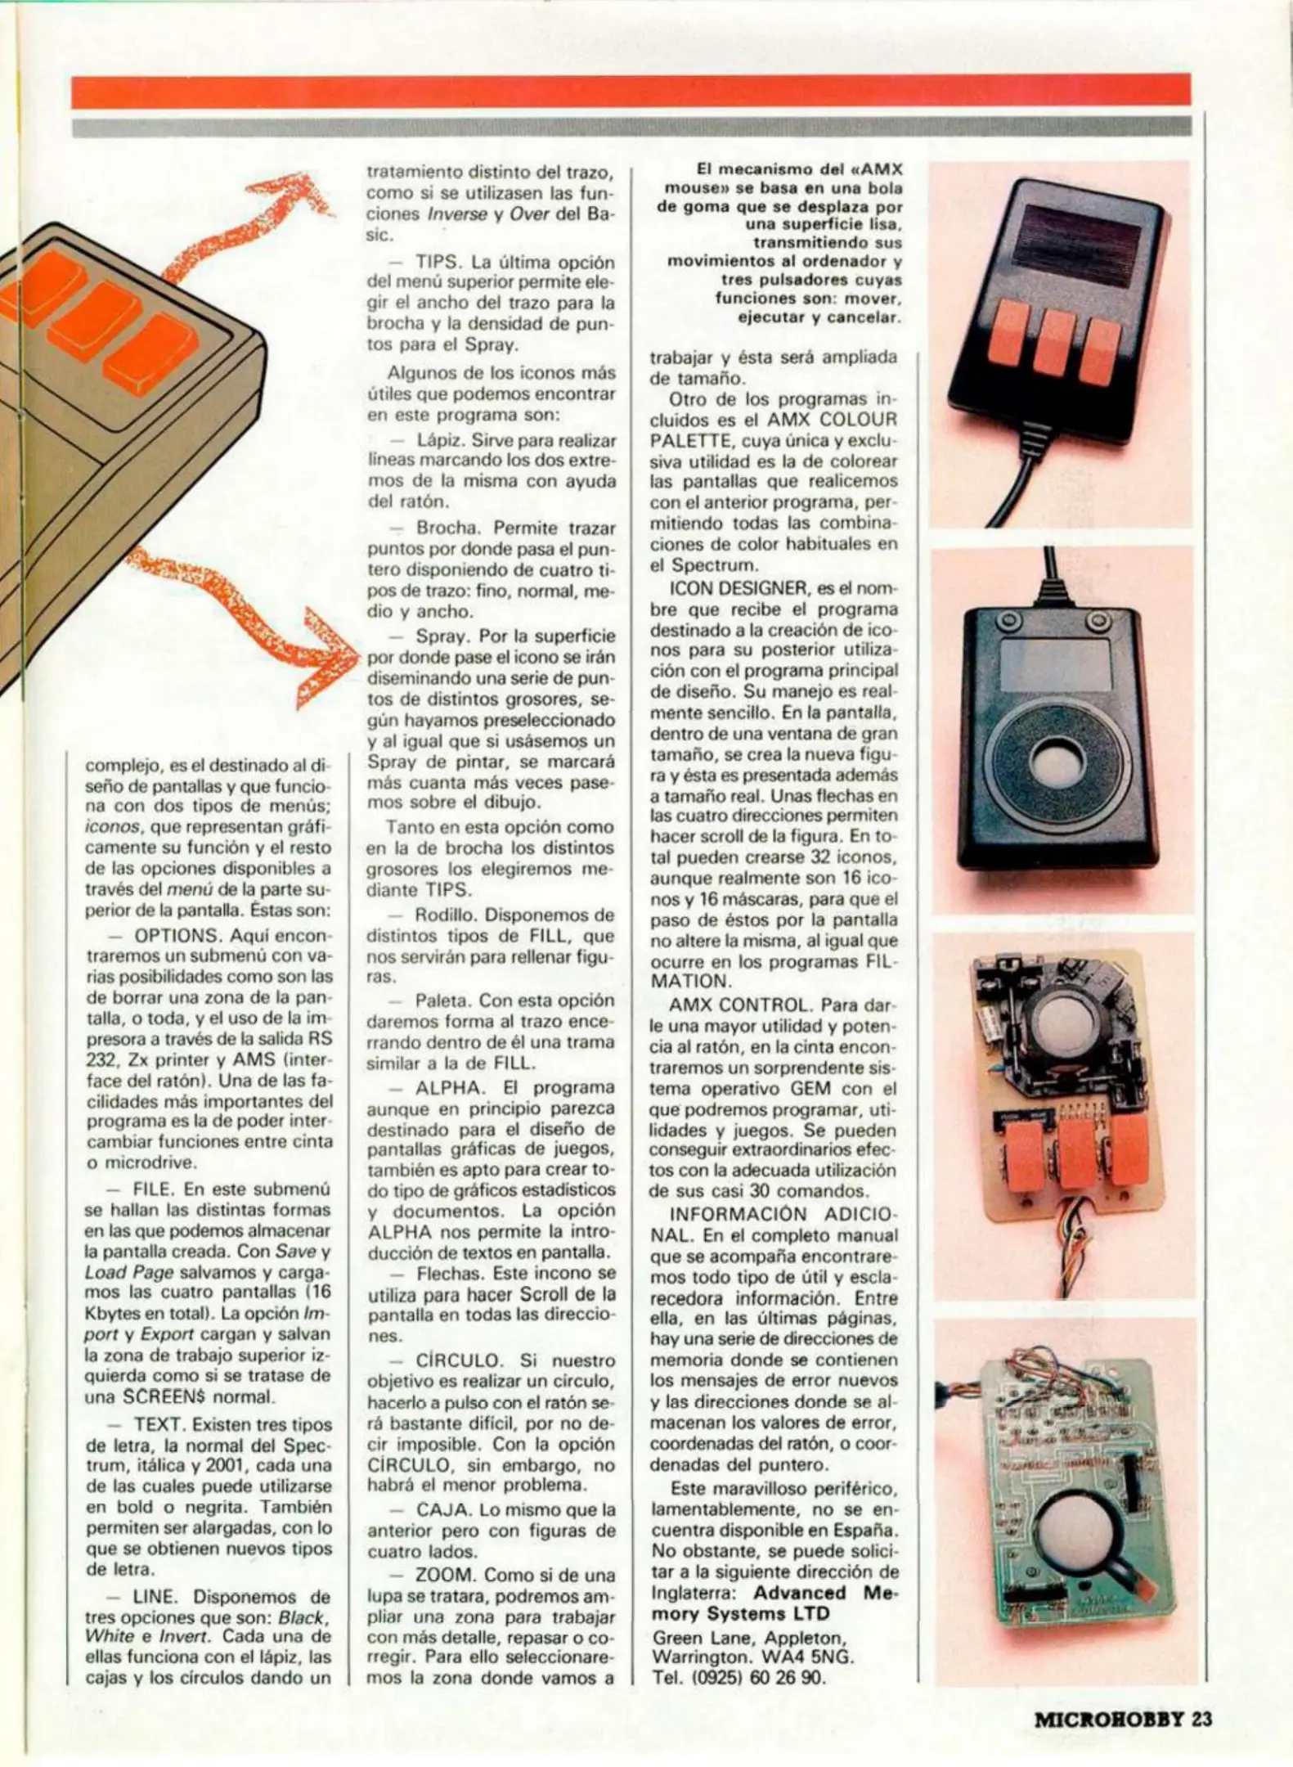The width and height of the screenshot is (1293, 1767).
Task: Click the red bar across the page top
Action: (x=630, y=92)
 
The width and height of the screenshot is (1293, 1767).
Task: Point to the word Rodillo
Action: (x=448, y=915)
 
